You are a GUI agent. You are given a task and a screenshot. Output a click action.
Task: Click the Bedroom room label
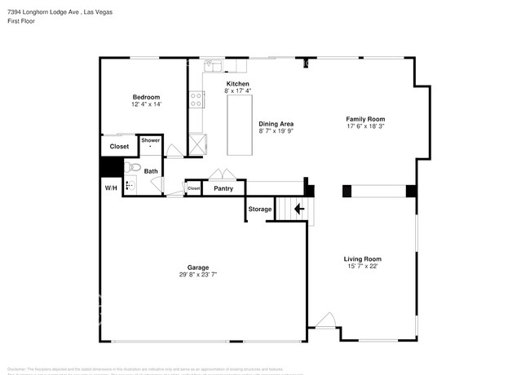coord(146,97)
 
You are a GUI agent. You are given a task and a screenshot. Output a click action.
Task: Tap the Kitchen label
coord(237,83)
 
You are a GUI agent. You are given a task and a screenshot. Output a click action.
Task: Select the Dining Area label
coord(276,123)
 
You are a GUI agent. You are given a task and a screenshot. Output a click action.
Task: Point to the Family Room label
coord(365,119)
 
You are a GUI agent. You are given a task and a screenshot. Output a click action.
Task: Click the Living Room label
coord(362,258)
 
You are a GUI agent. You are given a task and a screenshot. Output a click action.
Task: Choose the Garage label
coord(198,267)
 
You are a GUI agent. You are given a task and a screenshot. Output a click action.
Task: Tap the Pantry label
coord(223,189)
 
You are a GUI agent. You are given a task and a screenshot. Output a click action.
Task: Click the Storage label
coord(260,210)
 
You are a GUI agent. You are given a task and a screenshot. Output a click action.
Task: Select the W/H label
coord(111,188)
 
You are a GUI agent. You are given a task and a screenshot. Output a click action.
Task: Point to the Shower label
coord(151,140)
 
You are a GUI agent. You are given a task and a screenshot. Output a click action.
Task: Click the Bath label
coord(151,171)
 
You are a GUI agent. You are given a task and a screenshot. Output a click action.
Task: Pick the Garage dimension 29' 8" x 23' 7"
coord(198,274)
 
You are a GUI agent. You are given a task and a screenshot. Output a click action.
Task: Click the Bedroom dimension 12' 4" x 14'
coord(146,104)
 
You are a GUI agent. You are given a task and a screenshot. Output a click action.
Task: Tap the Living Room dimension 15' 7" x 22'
coord(362,266)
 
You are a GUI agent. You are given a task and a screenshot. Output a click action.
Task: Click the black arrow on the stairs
coord(298,209)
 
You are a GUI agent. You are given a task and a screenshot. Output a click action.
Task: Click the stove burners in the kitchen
coord(196,99)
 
